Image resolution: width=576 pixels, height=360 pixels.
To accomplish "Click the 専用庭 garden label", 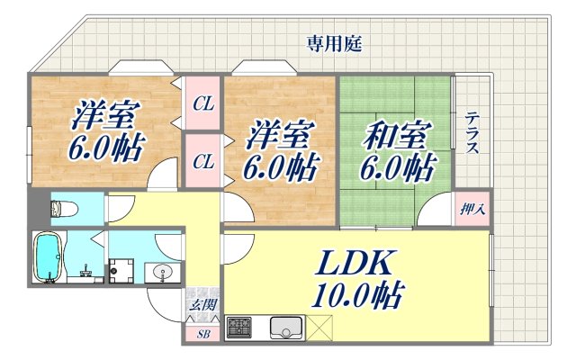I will tap(334, 41).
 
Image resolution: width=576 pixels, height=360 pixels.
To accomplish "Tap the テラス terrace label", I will tap(472, 133).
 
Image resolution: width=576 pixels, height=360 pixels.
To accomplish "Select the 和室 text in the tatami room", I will tap(392, 137).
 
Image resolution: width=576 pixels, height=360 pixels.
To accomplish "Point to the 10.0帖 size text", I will tap(358, 294).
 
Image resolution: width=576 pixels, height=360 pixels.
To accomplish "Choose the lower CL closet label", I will tap(203, 162).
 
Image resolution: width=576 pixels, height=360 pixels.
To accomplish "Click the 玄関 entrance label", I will tap(202, 304).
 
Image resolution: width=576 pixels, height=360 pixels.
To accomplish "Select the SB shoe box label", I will tap(202, 333).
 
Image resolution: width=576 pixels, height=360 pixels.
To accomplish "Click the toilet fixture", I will tap(59, 210).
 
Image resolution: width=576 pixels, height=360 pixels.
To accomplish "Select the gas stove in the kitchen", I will tap(240, 328).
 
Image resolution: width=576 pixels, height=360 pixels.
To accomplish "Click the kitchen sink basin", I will tap(287, 329).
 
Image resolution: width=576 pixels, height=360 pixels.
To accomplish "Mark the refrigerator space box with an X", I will tap(323, 328).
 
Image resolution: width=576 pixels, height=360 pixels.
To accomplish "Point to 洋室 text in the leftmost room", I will tap(101, 114).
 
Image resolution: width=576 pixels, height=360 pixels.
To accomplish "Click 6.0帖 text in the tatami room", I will tap(396, 167).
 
